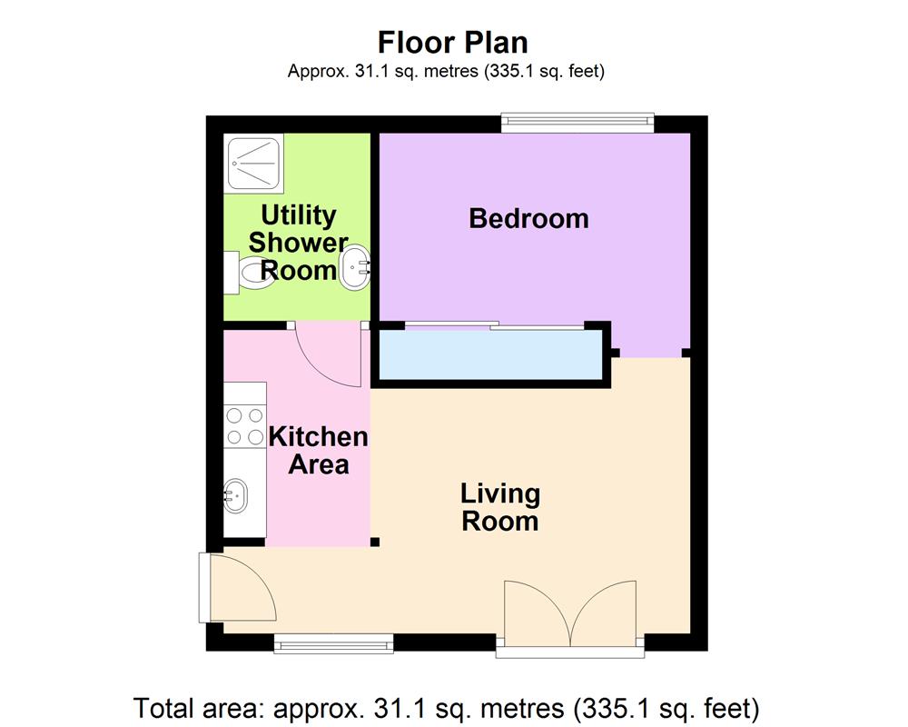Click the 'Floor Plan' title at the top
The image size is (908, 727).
click(453, 43)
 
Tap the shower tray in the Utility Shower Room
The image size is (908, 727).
click(255, 164)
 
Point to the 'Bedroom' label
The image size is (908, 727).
click(528, 219)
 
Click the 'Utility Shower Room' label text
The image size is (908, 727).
click(299, 243)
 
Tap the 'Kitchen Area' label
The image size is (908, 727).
click(318, 450)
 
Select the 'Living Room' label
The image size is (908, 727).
click(500, 507)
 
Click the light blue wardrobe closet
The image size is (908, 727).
click(490, 355)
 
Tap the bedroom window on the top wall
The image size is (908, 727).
click(578, 122)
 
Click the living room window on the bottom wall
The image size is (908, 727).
click(334, 644)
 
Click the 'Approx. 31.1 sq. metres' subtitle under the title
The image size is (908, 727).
click(446, 71)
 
